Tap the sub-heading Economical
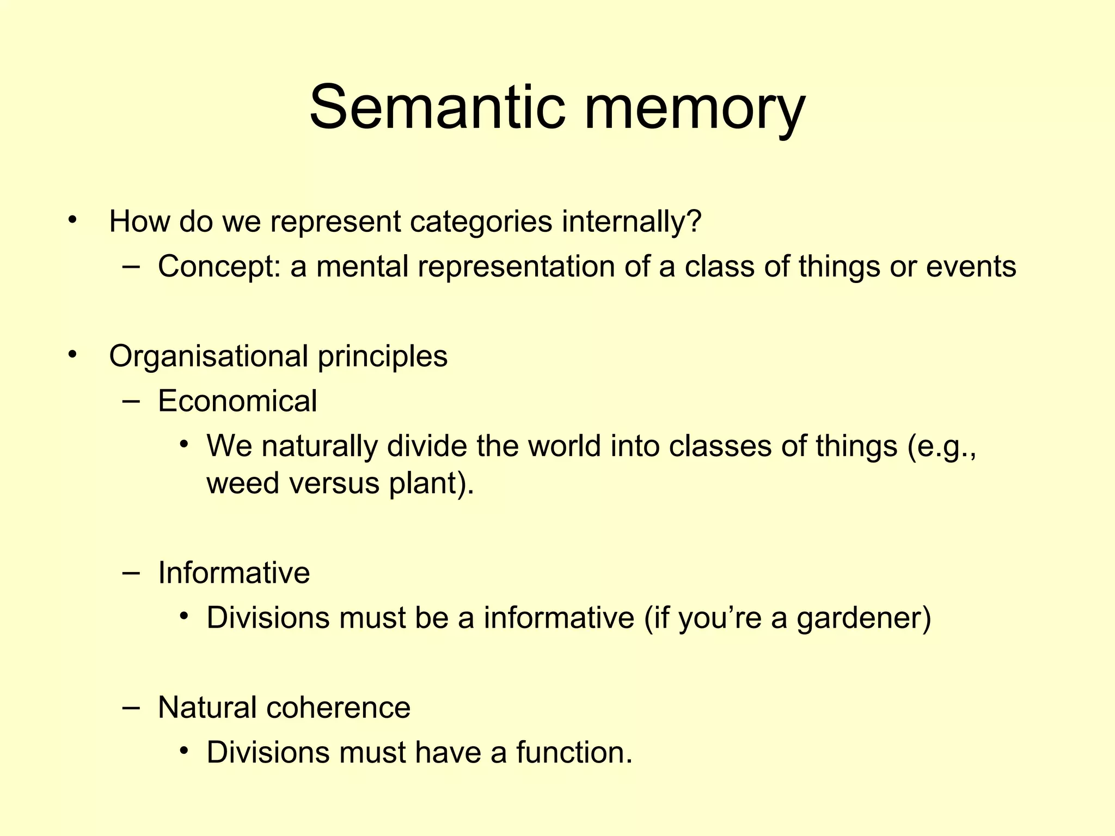pos(237,402)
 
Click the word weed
pos(243,483)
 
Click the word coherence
pos(338,708)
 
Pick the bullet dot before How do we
pos(72,220)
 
